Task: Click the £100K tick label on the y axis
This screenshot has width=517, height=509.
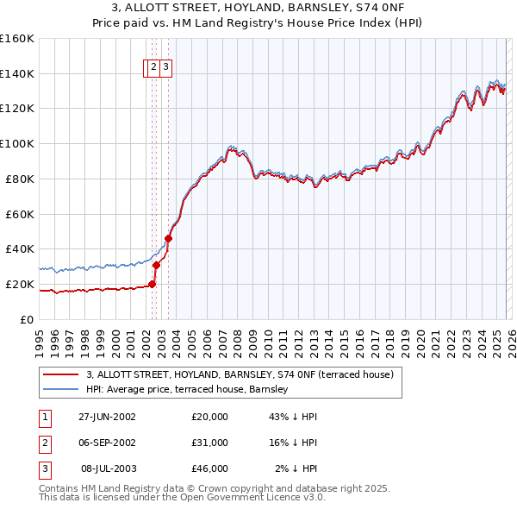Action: (16, 143)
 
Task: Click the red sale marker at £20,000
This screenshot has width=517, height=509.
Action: (153, 284)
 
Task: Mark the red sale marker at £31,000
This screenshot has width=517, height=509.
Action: (156, 265)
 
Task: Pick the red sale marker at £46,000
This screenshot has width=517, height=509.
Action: (168, 238)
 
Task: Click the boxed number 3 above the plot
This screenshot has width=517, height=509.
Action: (165, 68)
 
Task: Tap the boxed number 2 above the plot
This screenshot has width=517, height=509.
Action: (153, 68)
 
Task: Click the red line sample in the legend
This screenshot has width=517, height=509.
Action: (61, 374)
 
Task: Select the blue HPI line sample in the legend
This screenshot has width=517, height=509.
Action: (61, 390)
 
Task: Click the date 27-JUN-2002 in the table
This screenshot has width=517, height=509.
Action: (107, 417)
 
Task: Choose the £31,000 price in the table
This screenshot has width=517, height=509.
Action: (210, 443)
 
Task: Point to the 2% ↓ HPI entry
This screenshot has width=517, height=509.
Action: (296, 468)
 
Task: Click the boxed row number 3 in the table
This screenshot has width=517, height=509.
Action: (44, 468)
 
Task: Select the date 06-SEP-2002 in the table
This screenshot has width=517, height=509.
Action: (107, 443)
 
